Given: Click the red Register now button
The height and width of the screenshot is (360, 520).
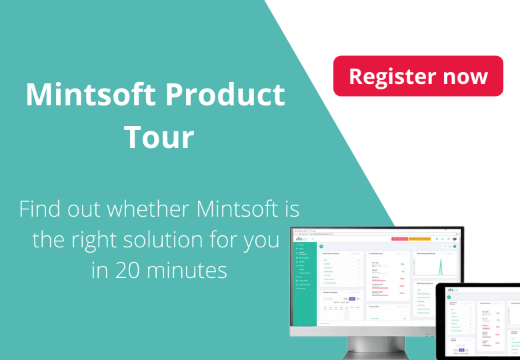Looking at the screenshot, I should pos(418,76).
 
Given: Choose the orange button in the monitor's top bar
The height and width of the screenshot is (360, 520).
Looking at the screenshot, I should pos(419,238).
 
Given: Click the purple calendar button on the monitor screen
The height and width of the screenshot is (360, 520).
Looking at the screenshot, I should pos(352,299).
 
